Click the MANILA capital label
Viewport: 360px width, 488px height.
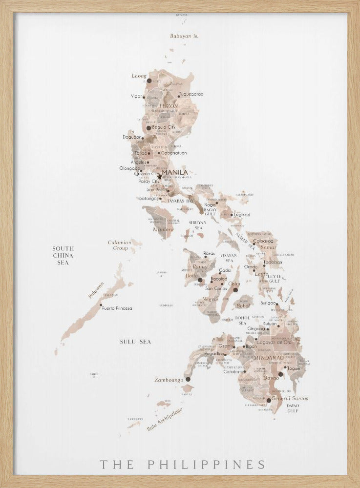point(174,172)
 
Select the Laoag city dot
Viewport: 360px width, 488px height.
point(149,81)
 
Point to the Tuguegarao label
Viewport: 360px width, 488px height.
point(191,94)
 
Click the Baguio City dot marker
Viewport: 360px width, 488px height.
point(149,128)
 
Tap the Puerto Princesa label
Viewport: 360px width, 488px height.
point(117,308)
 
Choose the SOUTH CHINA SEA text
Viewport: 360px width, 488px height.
point(63,256)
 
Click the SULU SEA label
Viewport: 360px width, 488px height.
point(135,342)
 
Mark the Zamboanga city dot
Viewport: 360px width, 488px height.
point(188,379)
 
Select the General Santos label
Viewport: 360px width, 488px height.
point(290,398)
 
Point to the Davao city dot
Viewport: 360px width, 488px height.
point(280,374)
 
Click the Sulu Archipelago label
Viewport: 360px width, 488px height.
point(165,419)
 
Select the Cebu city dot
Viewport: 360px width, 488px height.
point(235,290)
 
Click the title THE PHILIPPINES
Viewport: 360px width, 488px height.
point(183,464)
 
